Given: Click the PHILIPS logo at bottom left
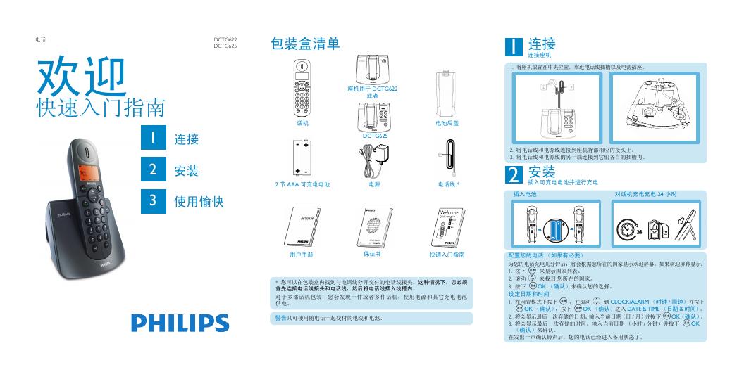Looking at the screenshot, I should [180, 323].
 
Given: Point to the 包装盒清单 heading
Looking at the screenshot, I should [305, 44].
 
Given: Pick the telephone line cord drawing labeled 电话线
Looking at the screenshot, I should [449, 159].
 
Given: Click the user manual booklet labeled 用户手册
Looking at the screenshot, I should [301, 226].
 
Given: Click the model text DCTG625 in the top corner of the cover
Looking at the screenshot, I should [225, 46].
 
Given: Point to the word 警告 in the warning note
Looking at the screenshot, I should [280, 318].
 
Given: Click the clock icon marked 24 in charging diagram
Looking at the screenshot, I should [626, 230].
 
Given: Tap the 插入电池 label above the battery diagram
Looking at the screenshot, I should [525, 193].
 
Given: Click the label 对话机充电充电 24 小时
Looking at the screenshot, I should [645, 193].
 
